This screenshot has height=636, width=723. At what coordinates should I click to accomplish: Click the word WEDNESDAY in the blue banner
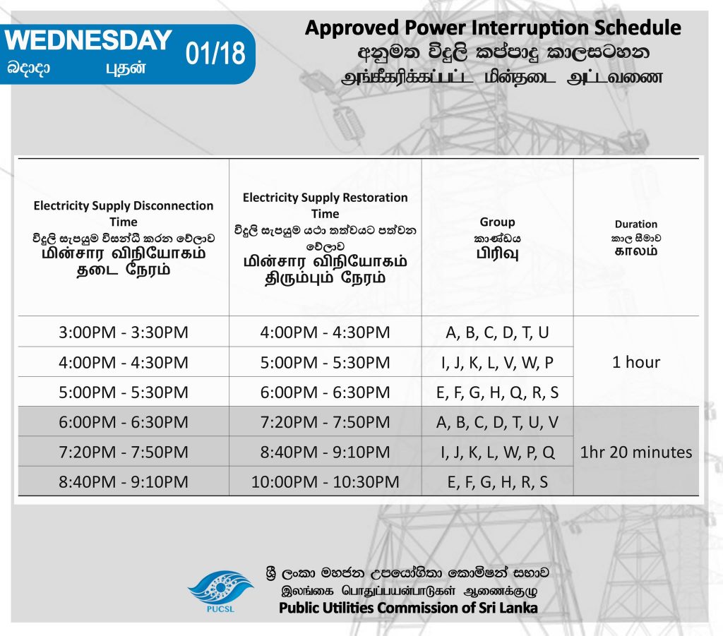point(88,40)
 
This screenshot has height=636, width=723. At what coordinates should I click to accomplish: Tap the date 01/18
point(215,54)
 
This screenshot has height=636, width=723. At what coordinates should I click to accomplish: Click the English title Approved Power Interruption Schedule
point(493,28)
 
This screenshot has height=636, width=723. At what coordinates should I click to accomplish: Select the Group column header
point(497,222)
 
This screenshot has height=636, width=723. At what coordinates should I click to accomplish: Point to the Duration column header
point(636,224)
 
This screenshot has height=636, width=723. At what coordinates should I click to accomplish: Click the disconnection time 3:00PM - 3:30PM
point(124,332)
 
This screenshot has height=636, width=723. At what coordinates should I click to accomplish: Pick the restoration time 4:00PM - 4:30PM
point(325,332)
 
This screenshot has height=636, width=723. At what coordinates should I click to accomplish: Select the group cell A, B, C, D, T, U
point(497,332)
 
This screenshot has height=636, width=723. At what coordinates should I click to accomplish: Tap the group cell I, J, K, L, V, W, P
point(497,363)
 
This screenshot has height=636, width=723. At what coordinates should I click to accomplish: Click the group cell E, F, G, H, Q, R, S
point(497,392)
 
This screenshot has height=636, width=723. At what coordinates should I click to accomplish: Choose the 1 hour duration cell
point(636,362)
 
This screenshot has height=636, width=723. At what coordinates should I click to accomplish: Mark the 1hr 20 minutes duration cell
point(636,452)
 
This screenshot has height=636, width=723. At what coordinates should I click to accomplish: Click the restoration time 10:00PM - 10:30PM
point(325,482)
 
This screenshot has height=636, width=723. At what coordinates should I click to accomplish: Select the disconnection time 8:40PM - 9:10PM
point(124,482)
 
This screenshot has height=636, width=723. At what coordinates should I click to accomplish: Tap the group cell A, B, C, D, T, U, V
point(497,422)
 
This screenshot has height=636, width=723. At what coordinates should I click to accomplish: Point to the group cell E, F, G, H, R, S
point(497,482)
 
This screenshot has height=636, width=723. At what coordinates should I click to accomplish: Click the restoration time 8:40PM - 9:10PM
point(325,452)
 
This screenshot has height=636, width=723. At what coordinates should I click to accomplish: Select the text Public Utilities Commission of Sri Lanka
point(408,608)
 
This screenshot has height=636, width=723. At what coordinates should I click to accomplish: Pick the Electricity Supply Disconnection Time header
point(124,213)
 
